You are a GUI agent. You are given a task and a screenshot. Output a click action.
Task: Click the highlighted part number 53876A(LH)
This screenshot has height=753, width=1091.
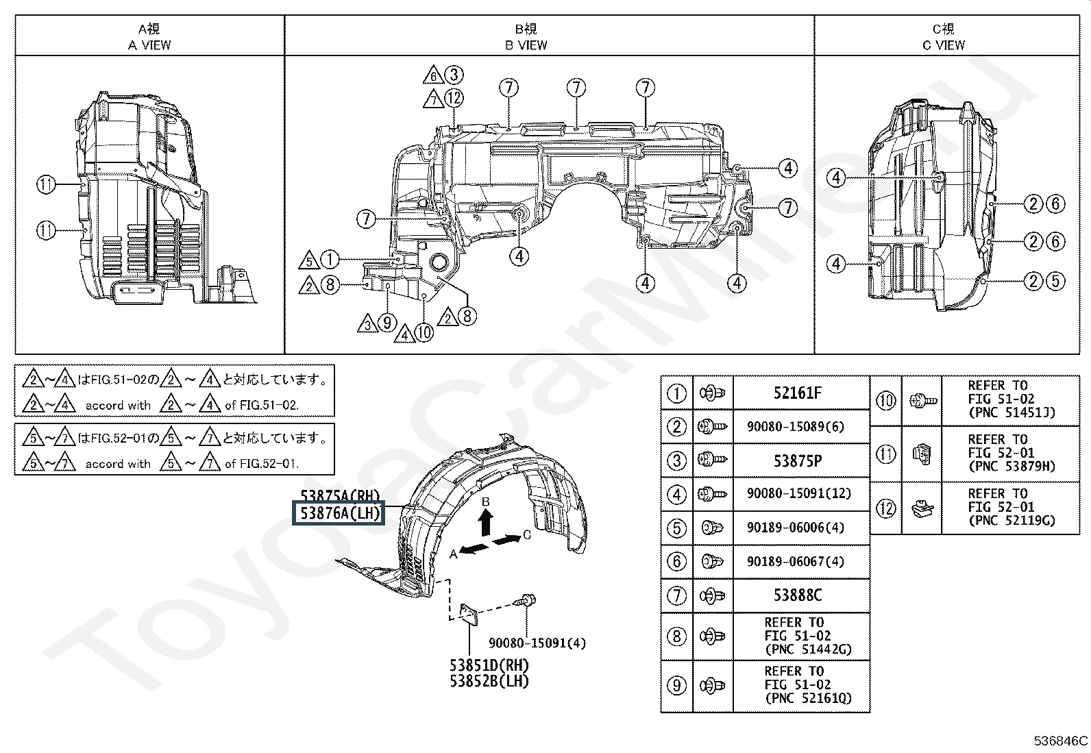pos(339,513)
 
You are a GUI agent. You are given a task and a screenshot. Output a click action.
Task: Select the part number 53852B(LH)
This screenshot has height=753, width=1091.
pos(489,681)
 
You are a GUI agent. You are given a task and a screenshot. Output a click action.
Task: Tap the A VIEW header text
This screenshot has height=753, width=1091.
pos(149,45)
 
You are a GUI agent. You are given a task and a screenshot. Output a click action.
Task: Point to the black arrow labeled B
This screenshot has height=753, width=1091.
pos(485,522)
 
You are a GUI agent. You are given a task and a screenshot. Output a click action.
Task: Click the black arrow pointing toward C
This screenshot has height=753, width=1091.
pos(506,541)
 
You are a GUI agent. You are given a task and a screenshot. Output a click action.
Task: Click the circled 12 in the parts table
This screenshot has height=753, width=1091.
pos(886,508)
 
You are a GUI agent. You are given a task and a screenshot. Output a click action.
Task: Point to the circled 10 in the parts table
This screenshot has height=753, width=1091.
pos(886,399)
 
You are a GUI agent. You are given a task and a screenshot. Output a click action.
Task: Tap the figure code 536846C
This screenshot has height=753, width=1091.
pos(1060,741)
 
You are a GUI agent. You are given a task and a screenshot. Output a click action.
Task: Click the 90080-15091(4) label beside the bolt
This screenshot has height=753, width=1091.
pos(537,643)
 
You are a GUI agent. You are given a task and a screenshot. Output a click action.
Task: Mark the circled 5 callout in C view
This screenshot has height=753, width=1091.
pos(1055,281)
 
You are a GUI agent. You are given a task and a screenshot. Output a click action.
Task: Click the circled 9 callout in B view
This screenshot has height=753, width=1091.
pos(387,322)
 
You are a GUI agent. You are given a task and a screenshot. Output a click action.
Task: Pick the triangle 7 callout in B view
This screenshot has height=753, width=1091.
pos(433,99)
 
